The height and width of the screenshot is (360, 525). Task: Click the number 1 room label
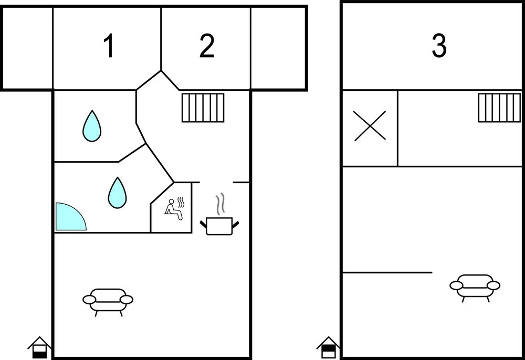pos(109,46)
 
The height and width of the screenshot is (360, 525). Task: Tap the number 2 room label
pos(206,46)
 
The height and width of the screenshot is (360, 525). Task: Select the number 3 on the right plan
pos(439,46)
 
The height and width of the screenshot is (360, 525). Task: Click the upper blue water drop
pos(92,126)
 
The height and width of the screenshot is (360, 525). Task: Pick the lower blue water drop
pos(117,193)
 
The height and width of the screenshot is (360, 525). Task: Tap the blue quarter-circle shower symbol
pos(71,216)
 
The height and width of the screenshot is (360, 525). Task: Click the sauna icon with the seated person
pos(174,209)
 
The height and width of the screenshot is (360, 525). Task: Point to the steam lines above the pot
pos(219,204)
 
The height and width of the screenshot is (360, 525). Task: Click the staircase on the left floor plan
pos(203,108)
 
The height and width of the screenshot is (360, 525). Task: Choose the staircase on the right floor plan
pos(500,108)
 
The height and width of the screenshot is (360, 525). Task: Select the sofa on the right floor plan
pos(475,288)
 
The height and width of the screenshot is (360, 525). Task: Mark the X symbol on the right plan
pos(370,126)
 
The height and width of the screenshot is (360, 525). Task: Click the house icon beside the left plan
pos(39,347)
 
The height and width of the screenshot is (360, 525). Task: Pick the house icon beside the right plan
pos(329,347)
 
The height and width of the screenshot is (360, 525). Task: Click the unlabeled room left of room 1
pos(27,48)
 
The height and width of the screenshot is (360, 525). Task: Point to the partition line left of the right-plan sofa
pos(387,273)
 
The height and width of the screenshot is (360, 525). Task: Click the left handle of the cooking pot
pos(203,224)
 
